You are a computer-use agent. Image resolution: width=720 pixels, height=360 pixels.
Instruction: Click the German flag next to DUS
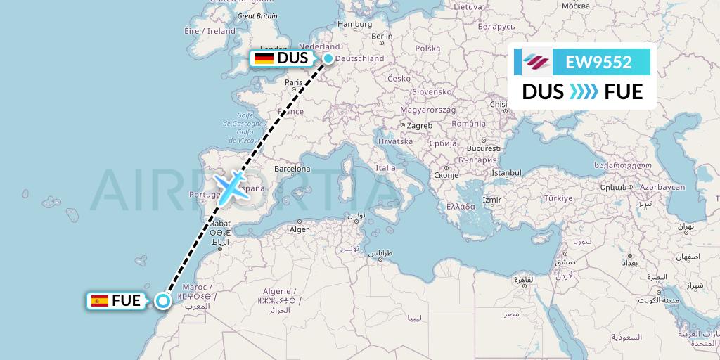264,58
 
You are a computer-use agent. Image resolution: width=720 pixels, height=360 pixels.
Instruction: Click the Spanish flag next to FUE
99,301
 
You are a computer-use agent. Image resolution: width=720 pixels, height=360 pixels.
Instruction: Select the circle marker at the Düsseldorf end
328,59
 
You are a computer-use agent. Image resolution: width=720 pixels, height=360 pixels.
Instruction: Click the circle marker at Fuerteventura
163,301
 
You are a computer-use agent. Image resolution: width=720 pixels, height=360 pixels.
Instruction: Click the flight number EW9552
598,63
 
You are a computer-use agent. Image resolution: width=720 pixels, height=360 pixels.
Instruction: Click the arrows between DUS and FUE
584,92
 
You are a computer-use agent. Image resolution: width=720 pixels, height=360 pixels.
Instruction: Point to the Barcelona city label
292,169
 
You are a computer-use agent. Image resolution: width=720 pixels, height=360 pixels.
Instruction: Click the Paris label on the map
293,82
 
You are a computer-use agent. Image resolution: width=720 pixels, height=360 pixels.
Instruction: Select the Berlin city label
381,36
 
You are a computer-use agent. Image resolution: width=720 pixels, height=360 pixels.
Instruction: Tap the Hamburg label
354,23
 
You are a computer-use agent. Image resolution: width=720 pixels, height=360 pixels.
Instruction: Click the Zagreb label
418,125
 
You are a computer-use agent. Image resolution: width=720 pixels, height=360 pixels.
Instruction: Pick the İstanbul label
506,172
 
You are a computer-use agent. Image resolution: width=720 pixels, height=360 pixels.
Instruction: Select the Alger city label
300,229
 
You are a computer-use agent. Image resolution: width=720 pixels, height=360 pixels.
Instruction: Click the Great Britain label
257,15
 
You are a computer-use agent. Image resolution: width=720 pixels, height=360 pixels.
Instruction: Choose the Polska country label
427,49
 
